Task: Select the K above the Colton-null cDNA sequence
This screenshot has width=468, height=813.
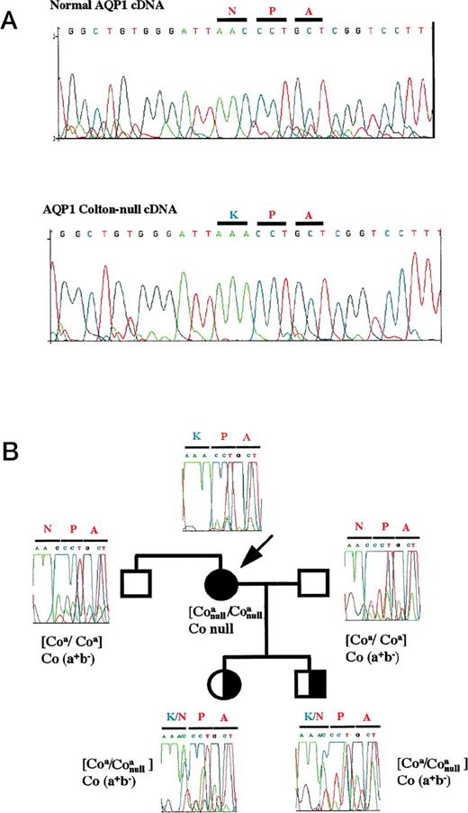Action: (x=230, y=209)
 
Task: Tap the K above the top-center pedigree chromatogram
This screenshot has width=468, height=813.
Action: (x=194, y=438)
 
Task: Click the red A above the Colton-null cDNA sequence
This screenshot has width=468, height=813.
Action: (x=309, y=209)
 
